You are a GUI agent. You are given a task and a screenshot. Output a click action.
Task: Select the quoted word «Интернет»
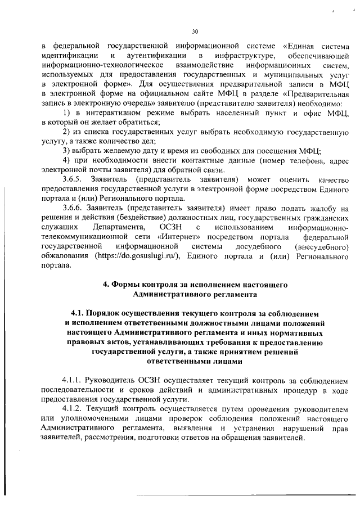coord(170,237)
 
